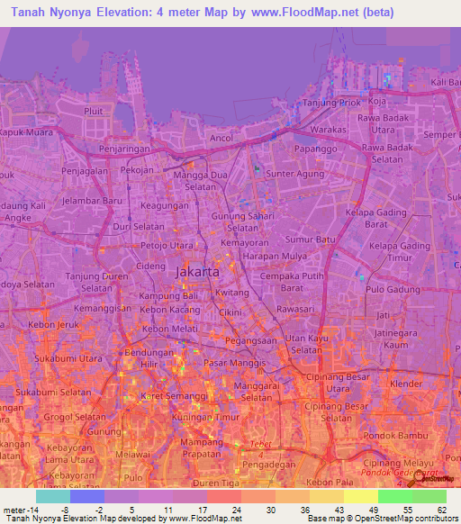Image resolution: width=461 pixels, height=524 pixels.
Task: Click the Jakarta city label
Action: click(196, 271)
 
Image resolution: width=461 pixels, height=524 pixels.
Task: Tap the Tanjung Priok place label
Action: click(329, 103)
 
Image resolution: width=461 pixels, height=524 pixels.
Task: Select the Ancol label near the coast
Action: click(221, 138)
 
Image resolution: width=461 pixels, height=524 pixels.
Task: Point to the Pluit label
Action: click(94, 111)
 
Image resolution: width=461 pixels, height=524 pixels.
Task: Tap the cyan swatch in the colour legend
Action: click(52, 496)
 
